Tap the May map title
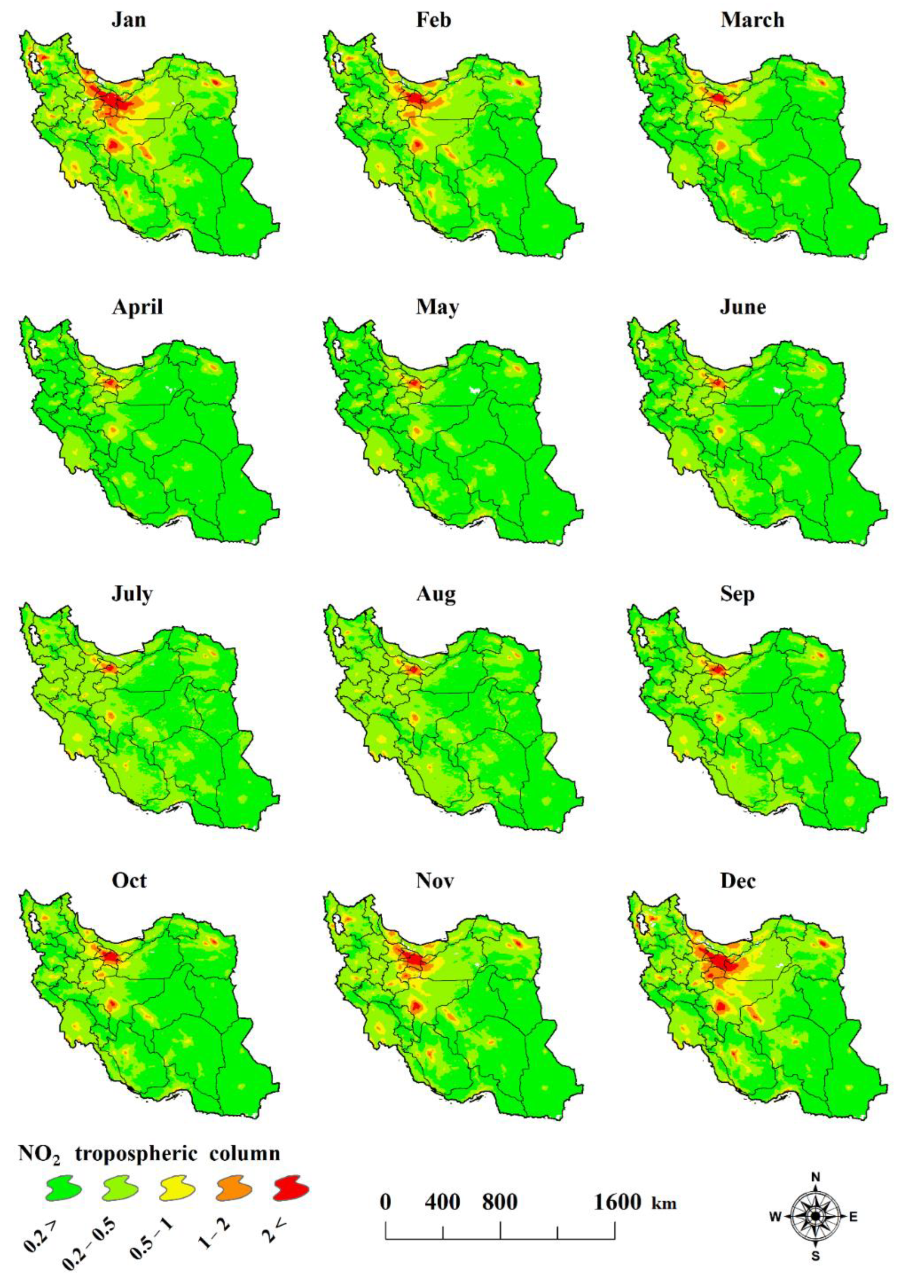coord(437,307)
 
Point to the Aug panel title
coord(436,594)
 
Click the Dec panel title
coord(737,881)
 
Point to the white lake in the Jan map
coord(37,63)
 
